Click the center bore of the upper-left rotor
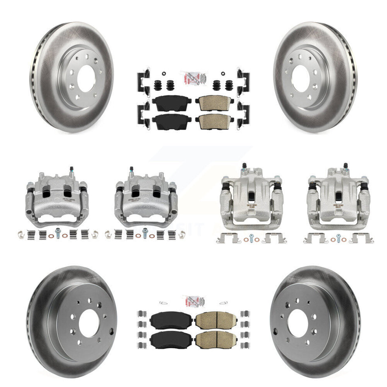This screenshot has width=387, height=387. [86, 78]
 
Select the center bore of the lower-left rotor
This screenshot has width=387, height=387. [89, 323]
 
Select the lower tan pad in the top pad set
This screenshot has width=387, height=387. [212, 120]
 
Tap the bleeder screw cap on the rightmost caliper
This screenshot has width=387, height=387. [345, 166]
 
